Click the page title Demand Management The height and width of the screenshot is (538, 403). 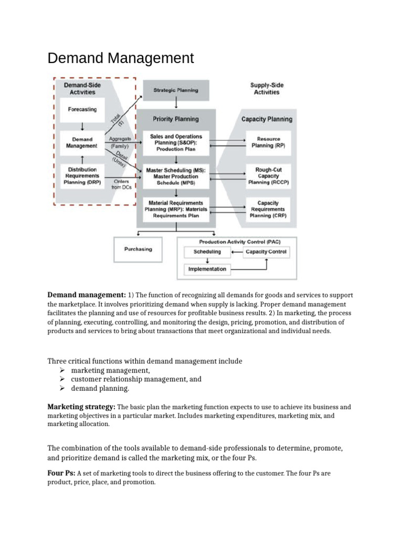coord(121,58)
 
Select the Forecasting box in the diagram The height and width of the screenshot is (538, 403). coord(82,109)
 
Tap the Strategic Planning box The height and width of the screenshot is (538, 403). coord(176,90)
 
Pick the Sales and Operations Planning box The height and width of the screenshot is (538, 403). coord(176,142)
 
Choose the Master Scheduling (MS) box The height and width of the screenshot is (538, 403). coord(176,177)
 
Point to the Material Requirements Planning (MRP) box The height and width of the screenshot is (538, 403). coord(176,209)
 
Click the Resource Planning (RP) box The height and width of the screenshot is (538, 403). coord(268,142)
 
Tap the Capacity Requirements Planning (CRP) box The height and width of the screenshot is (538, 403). coord(268,209)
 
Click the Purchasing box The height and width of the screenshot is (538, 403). coord(138,249)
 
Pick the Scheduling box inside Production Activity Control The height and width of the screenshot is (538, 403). coord(208,252)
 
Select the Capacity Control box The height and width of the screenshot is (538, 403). coord(267,252)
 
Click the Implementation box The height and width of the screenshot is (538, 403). coord(208,269)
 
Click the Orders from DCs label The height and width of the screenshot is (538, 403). coord(124,184)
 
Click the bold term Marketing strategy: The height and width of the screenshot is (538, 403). coord(81,407)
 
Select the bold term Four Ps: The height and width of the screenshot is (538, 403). coord(61,473)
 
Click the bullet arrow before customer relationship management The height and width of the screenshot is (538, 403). coord(62,379)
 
